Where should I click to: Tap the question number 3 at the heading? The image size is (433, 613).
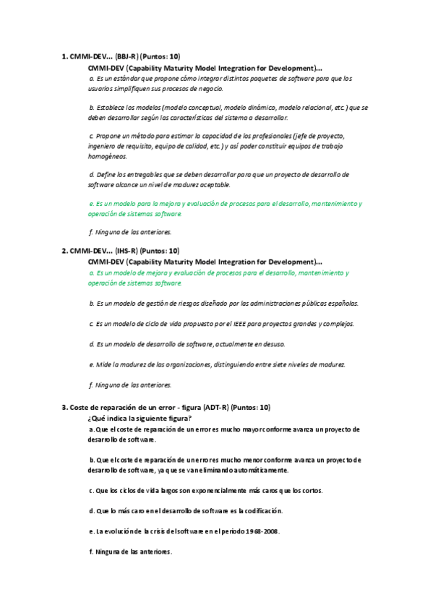click(64, 408)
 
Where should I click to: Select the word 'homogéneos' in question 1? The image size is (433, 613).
click(107, 156)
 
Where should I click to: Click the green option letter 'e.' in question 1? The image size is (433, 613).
click(90, 204)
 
